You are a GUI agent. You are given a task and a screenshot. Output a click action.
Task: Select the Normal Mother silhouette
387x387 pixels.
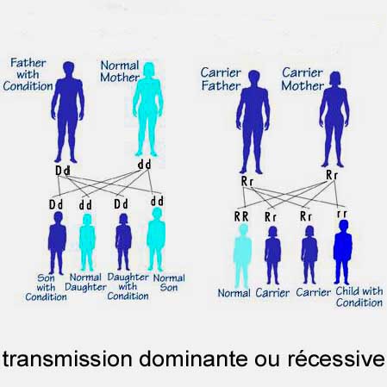coord(148,109)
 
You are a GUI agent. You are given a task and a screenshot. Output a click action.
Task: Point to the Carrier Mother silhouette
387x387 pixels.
coord(334,119)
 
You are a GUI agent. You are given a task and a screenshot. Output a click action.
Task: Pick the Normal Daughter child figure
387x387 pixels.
coord(87,242)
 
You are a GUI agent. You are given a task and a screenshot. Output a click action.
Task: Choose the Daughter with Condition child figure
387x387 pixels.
coord(123,242)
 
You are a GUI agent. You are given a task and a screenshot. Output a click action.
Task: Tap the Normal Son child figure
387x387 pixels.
coord(156,239)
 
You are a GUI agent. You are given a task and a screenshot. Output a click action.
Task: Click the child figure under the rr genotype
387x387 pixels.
coord(343,252)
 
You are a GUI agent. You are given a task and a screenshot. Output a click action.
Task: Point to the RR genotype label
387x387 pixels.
coord(241,216)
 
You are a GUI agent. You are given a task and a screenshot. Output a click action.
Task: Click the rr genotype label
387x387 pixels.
coord(342,214)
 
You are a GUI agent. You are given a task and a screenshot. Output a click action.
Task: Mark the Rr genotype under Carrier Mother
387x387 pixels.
coord(332,175)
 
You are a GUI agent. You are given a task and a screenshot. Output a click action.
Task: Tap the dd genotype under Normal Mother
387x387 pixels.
coord(144,165)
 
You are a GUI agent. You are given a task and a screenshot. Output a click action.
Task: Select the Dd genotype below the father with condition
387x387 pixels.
coord(63,171)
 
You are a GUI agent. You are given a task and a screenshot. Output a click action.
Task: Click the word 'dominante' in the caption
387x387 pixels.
coord(193,359)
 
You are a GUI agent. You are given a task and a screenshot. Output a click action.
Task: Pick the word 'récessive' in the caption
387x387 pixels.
coord(336,358)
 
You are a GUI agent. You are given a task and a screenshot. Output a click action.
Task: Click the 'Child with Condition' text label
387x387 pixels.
coord(359,296)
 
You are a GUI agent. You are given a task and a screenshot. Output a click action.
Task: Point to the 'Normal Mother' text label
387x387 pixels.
coord(120,72)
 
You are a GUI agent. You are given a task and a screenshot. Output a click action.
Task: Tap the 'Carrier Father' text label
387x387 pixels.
coord(221,79)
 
